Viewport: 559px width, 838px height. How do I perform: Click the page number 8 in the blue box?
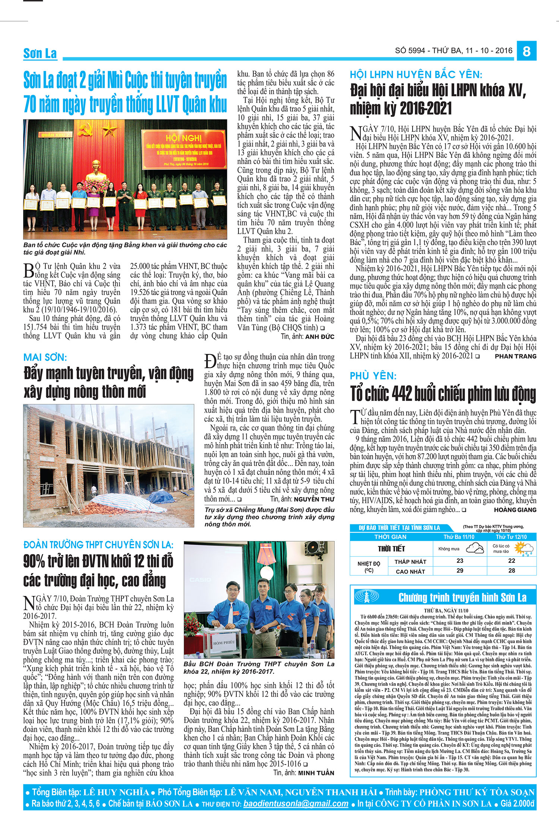pos(526,51)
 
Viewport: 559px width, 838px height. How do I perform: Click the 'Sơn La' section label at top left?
pos(40,53)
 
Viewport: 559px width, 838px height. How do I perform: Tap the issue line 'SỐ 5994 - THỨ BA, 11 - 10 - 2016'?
pos(454,51)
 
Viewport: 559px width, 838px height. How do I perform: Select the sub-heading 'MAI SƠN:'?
pos(45,358)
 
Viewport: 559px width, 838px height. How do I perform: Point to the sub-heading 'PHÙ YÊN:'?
pos(373,376)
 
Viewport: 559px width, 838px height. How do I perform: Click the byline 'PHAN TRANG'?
pos(515,356)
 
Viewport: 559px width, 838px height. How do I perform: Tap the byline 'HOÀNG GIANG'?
pos(515,510)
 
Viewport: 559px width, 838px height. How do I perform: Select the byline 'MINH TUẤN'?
pos(316,773)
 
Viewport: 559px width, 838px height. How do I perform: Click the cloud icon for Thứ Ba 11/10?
pos(475,548)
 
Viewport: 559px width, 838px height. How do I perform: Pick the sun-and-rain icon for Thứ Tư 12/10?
pos(524,549)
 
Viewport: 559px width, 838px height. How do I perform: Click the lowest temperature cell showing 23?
pos(460,561)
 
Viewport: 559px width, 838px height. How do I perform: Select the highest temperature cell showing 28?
pos(512,571)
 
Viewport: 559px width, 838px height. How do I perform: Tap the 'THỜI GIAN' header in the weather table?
pos(390,537)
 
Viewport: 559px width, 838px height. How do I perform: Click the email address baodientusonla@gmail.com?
pos(296,804)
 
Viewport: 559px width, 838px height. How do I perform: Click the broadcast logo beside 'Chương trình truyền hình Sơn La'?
pos(367,597)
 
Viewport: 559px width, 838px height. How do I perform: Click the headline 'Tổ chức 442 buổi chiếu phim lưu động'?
pos(443,393)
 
